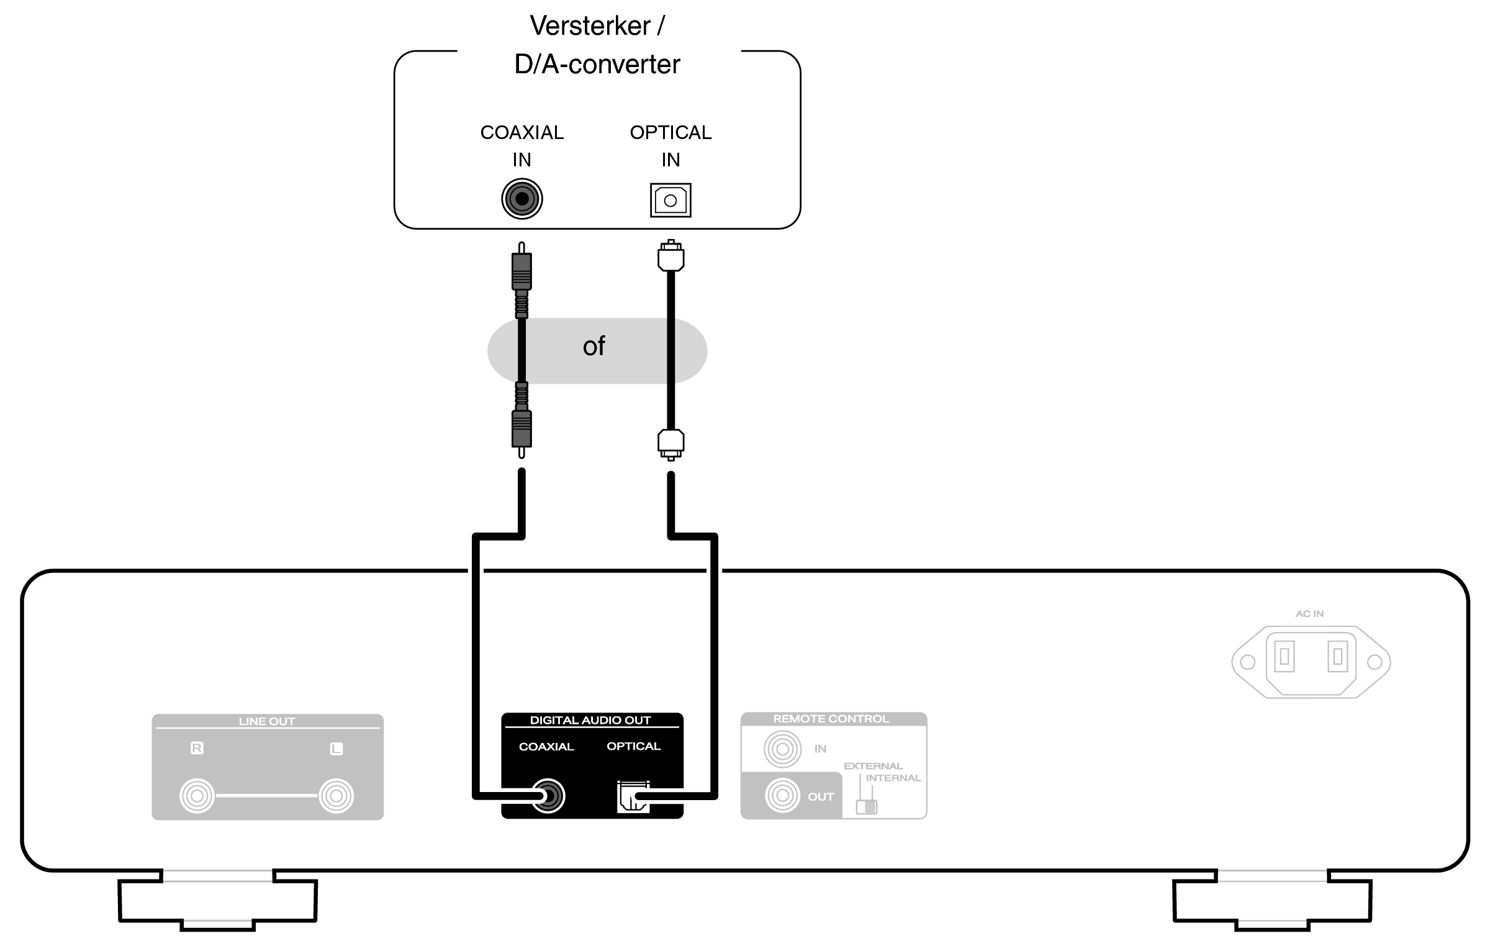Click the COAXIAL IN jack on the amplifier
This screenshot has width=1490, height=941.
click(x=522, y=199)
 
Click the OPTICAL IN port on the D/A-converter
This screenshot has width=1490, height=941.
click(x=670, y=200)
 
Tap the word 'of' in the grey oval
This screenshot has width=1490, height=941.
click(x=594, y=346)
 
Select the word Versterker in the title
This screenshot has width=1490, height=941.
click(x=590, y=25)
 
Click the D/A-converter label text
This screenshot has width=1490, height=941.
click(x=597, y=64)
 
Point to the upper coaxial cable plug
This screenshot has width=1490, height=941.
click(x=521, y=279)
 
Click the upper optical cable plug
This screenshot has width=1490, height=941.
click(x=670, y=255)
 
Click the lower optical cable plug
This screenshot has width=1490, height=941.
click(x=670, y=444)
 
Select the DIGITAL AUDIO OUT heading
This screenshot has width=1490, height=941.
click(x=590, y=720)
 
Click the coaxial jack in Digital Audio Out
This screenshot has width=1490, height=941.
click(x=548, y=796)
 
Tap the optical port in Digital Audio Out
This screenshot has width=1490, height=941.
click(x=633, y=796)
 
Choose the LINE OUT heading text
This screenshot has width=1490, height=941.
click(x=267, y=721)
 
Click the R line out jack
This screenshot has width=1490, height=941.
click(x=197, y=796)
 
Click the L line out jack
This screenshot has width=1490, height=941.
click(x=336, y=796)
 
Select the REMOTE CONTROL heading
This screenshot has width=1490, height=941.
click(x=831, y=719)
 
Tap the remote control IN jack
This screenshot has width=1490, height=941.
click(x=783, y=749)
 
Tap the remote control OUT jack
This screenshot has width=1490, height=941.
click(x=783, y=795)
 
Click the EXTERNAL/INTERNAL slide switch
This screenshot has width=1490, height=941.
click(x=867, y=806)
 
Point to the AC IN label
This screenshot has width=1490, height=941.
click(x=1309, y=613)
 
